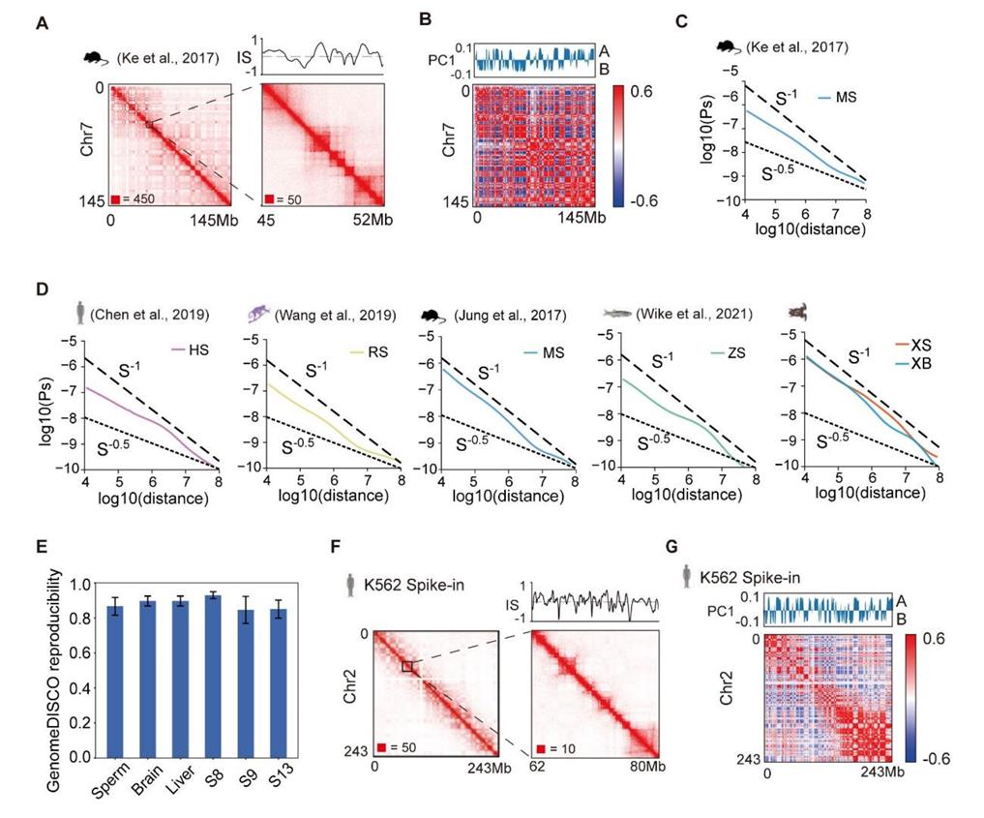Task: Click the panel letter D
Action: (x=41, y=289)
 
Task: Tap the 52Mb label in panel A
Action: (x=366, y=221)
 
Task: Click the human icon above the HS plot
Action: (x=71, y=315)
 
